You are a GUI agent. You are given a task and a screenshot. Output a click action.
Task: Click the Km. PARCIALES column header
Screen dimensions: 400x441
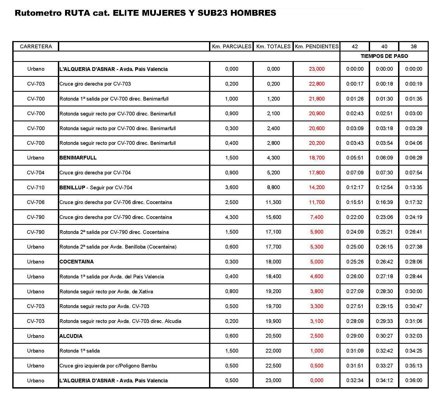pyautogui.click(x=231, y=46)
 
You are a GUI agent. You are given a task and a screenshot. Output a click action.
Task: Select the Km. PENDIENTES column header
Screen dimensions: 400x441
pyautogui.click(x=316, y=46)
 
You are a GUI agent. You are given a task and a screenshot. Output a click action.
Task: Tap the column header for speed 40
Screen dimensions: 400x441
pyautogui.click(x=384, y=46)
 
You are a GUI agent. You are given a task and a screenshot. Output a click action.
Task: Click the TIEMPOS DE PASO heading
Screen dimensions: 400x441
pyautogui.click(x=384, y=56)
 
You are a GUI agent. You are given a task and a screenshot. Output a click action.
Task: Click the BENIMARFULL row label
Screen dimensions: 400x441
pyautogui.click(x=78, y=158)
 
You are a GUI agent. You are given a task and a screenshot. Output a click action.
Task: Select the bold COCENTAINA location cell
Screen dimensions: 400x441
pyautogui.click(x=77, y=262)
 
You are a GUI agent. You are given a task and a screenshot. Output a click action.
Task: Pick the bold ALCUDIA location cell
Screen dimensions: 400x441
pyautogui.click(x=71, y=336)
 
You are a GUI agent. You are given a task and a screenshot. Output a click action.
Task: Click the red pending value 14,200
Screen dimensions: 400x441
pyautogui.click(x=317, y=187)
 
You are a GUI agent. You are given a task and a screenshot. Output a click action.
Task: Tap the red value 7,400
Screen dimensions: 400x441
pyautogui.click(x=317, y=217)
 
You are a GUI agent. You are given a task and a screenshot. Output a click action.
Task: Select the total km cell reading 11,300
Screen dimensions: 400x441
pyautogui.click(x=273, y=202)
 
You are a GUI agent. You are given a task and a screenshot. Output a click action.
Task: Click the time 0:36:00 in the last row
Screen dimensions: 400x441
pyautogui.click(x=414, y=381)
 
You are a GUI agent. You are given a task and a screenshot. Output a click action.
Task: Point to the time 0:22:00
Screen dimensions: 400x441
pyautogui.click(x=355, y=217)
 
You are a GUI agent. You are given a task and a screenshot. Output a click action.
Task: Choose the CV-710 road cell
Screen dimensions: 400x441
pyautogui.click(x=36, y=187)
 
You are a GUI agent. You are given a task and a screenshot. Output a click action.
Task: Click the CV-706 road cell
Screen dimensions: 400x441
pyautogui.click(x=36, y=202)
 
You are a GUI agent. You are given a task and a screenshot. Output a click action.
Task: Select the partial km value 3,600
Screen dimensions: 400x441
pyautogui.click(x=231, y=187)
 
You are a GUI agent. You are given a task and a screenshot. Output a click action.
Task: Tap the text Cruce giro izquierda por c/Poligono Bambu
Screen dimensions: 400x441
pyautogui.click(x=108, y=366)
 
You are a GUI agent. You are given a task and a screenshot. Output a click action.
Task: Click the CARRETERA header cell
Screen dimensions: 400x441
pyautogui.click(x=36, y=46)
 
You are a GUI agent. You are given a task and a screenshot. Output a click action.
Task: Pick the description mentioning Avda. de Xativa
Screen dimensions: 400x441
pyautogui.click(x=106, y=291)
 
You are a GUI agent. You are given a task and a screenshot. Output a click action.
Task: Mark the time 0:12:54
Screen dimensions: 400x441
pyautogui.click(x=384, y=187)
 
